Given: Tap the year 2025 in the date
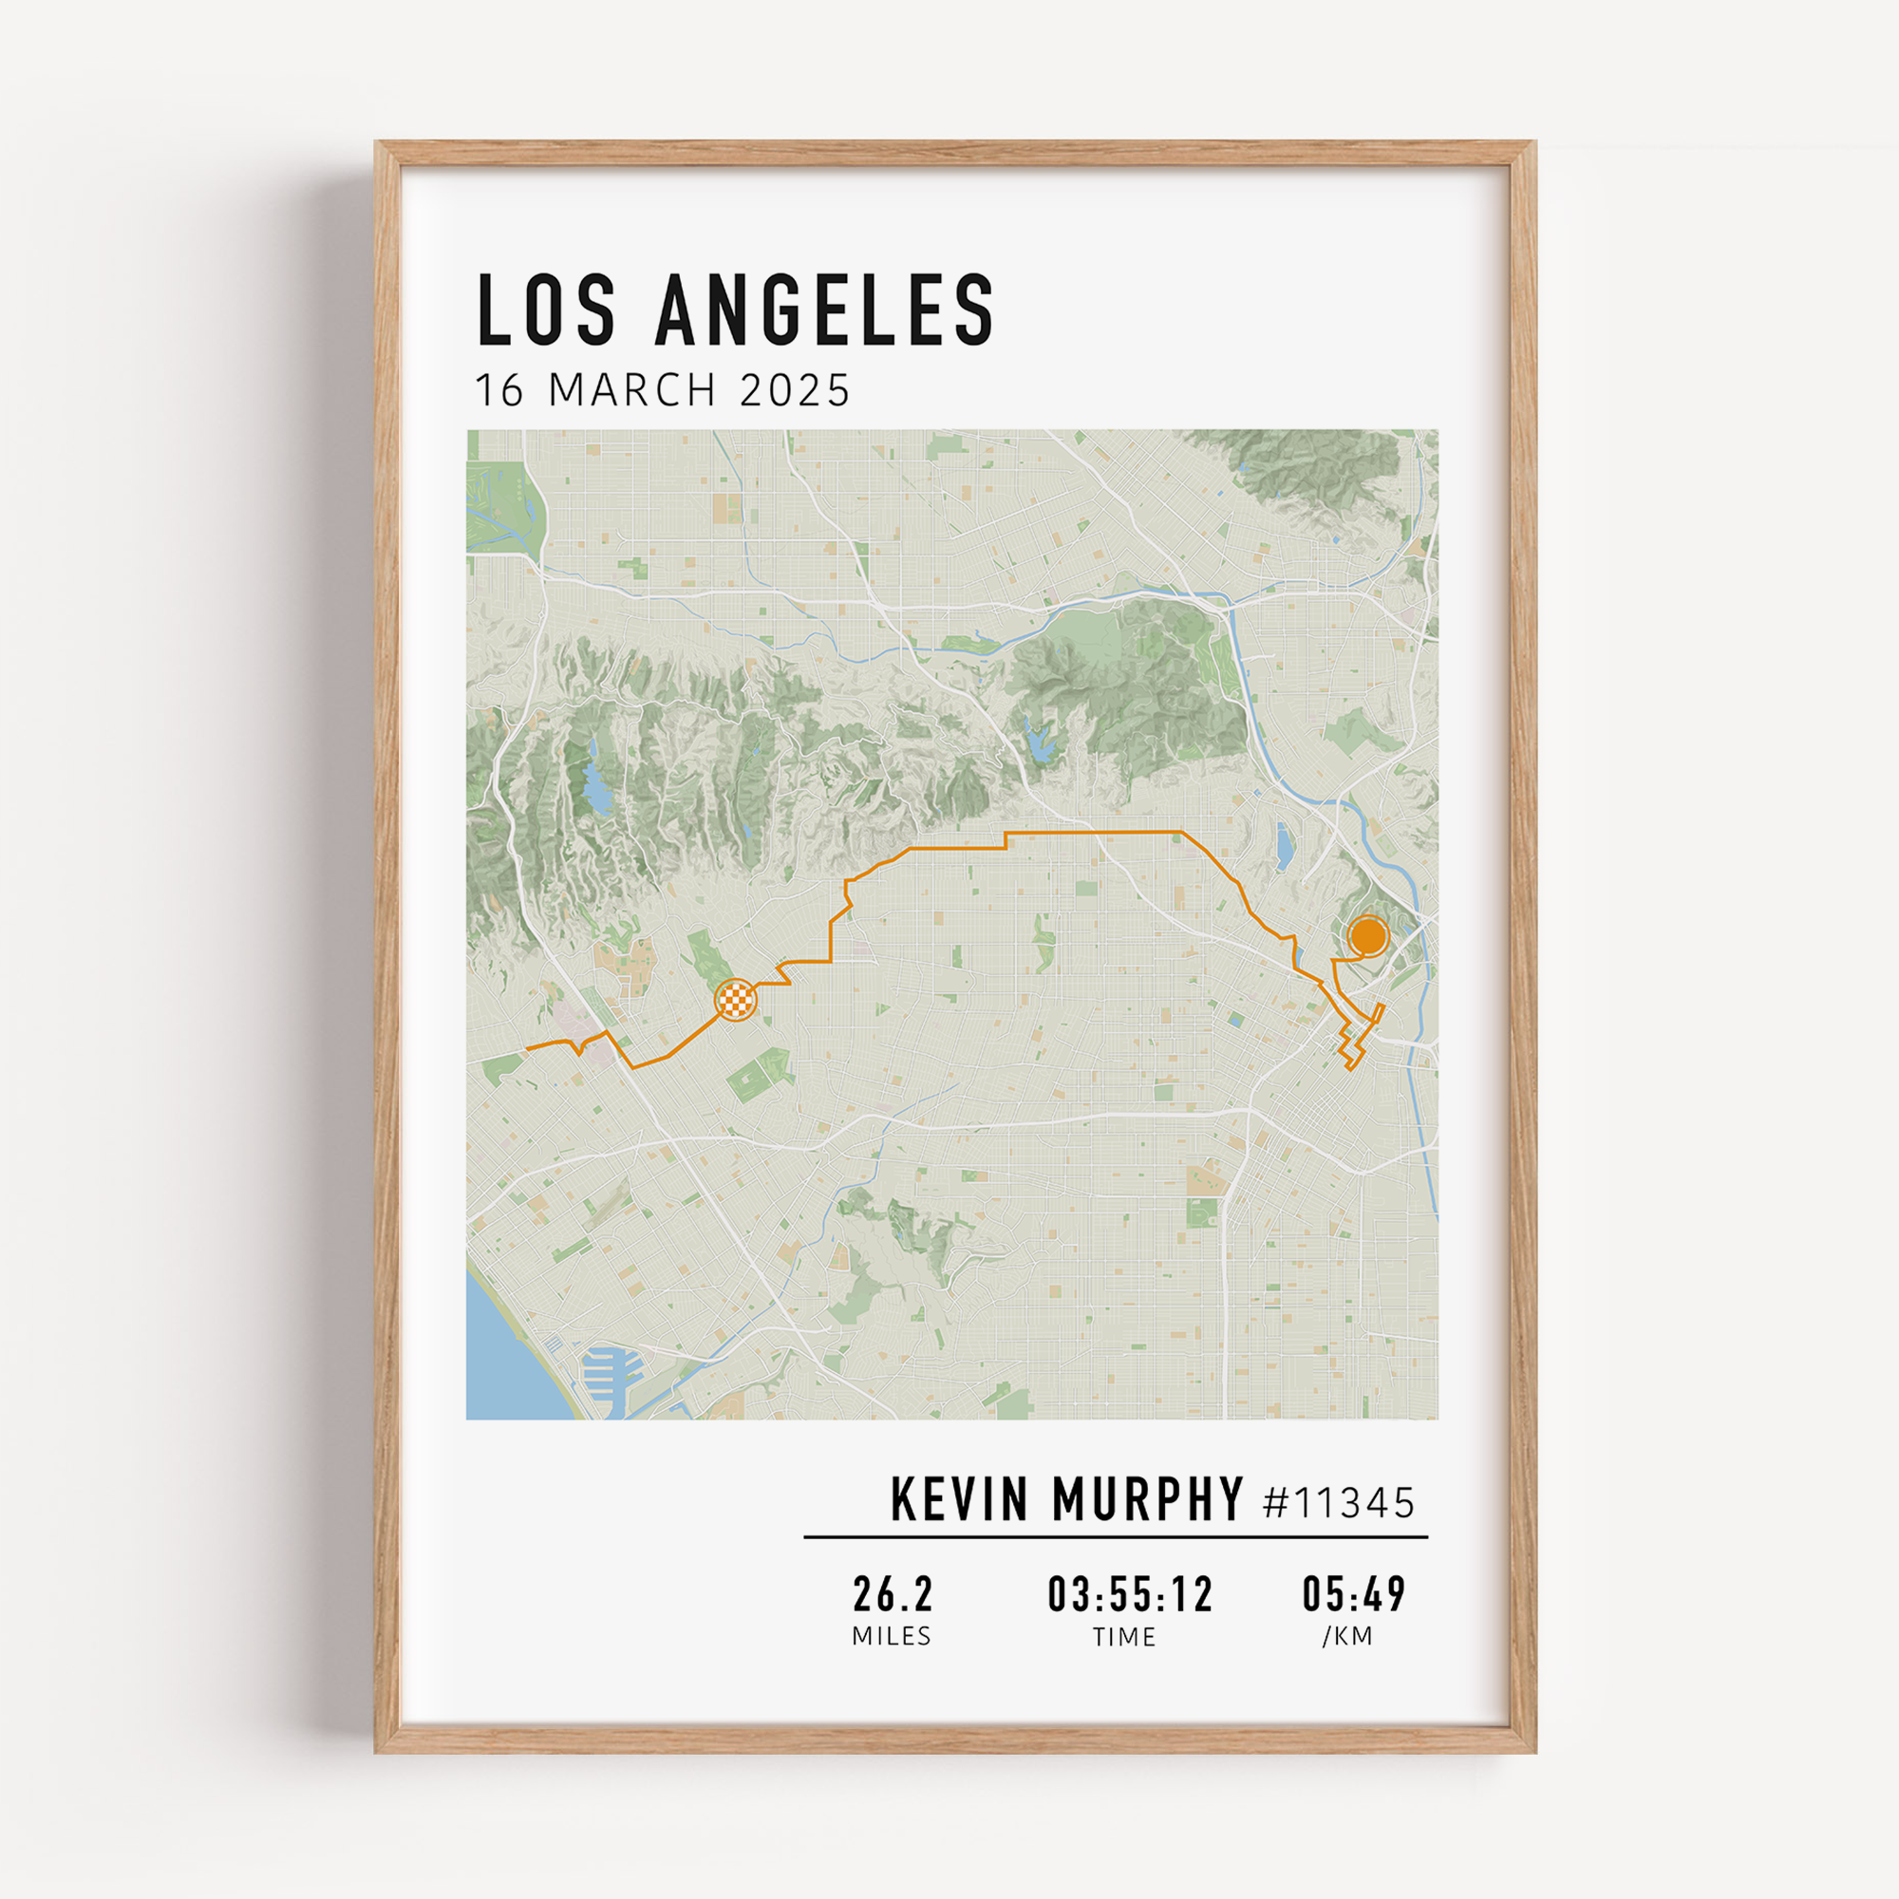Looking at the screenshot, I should tap(794, 390).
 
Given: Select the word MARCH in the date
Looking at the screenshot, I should tap(633, 390).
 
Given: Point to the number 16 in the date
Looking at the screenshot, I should tap(499, 390).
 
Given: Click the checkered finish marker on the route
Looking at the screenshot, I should tap(735, 1001).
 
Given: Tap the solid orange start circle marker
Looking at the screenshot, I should tap(1367, 936).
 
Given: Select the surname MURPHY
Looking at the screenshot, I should tap(1147, 1500).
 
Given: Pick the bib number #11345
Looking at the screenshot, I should tap(1338, 1503).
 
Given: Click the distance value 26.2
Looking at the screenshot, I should tap(893, 1594).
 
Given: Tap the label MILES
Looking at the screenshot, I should tap(892, 1637).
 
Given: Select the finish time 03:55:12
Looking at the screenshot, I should tap(1130, 1594).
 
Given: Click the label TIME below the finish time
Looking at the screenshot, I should tap(1124, 1638).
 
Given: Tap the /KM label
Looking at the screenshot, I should tap(1347, 1637).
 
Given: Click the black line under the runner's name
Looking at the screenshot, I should tap(1116, 1536).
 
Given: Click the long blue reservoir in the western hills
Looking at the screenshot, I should tap(593, 785).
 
